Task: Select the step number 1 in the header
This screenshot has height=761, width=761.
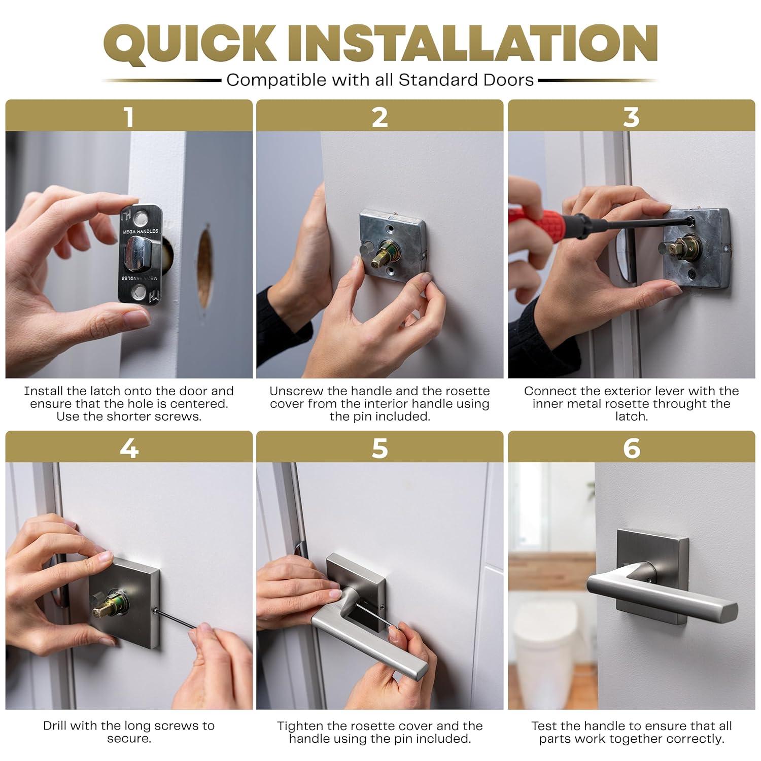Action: pyautogui.click(x=129, y=117)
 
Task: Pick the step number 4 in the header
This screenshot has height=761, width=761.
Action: pyautogui.click(x=129, y=448)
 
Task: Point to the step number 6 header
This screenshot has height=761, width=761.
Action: pyautogui.click(x=631, y=448)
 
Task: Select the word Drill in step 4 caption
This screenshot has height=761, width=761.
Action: pyautogui.click(x=55, y=726)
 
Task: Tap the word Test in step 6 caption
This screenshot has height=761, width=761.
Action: pyautogui.click(x=544, y=726)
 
